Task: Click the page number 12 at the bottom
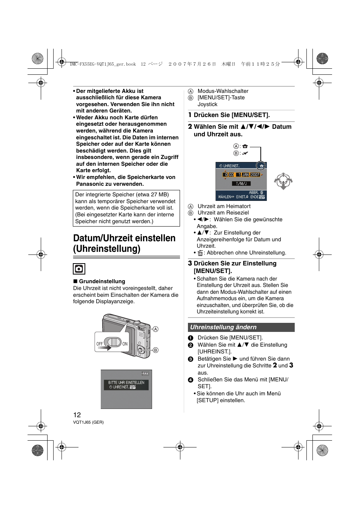coord(77,415)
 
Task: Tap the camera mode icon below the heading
coord(79,269)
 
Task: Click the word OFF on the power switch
coord(100,344)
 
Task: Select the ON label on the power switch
coord(125,344)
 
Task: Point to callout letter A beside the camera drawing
coord(155,329)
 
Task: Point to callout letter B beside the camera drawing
coord(155,350)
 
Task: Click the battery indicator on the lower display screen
coord(145,373)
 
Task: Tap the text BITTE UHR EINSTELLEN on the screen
coord(126,383)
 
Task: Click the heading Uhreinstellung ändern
coord(223,327)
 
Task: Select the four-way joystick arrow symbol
coord(283,181)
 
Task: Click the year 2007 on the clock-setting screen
coord(255,175)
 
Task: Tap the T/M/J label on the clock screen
coord(241,184)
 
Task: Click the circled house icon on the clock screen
coord(261,166)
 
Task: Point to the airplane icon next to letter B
coord(245,153)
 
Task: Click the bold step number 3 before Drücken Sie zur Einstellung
coord(190,263)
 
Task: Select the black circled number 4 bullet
coord(191,380)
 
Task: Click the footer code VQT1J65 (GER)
coord(88,422)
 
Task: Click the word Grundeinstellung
coord(102,281)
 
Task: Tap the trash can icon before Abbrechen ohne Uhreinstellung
coord(200,253)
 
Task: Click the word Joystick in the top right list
coord(208,104)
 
